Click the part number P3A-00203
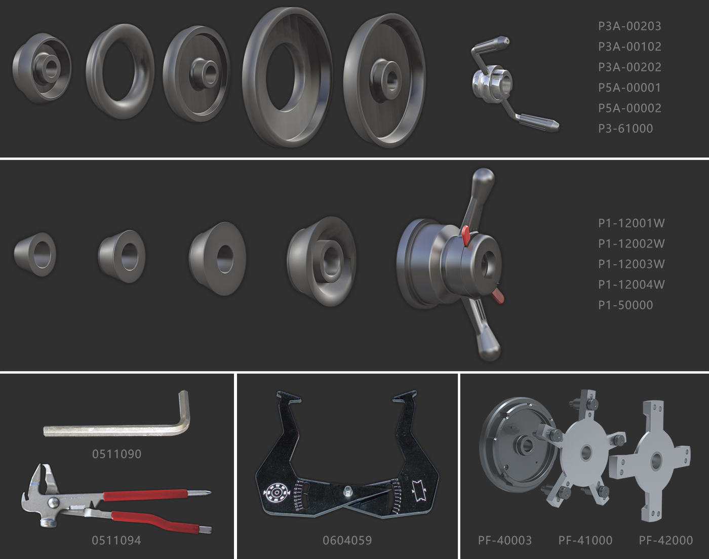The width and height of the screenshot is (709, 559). pyautogui.click(x=629, y=26)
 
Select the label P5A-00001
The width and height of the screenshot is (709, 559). pyautogui.click(x=629, y=88)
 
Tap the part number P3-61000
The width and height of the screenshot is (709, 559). pyautogui.click(x=625, y=129)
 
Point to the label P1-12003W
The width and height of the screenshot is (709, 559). pyautogui.click(x=631, y=264)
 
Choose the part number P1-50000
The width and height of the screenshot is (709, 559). pyautogui.click(x=625, y=305)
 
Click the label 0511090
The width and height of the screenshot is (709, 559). pyautogui.click(x=116, y=454)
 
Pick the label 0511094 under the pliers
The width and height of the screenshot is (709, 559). pyautogui.click(x=116, y=540)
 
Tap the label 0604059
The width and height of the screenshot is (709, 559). pyautogui.click(x=347, y=540)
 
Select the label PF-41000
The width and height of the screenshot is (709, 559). pyautogui.click(x=585, y=540)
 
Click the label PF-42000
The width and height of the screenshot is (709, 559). pyautogui.click(x=666, y=540)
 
